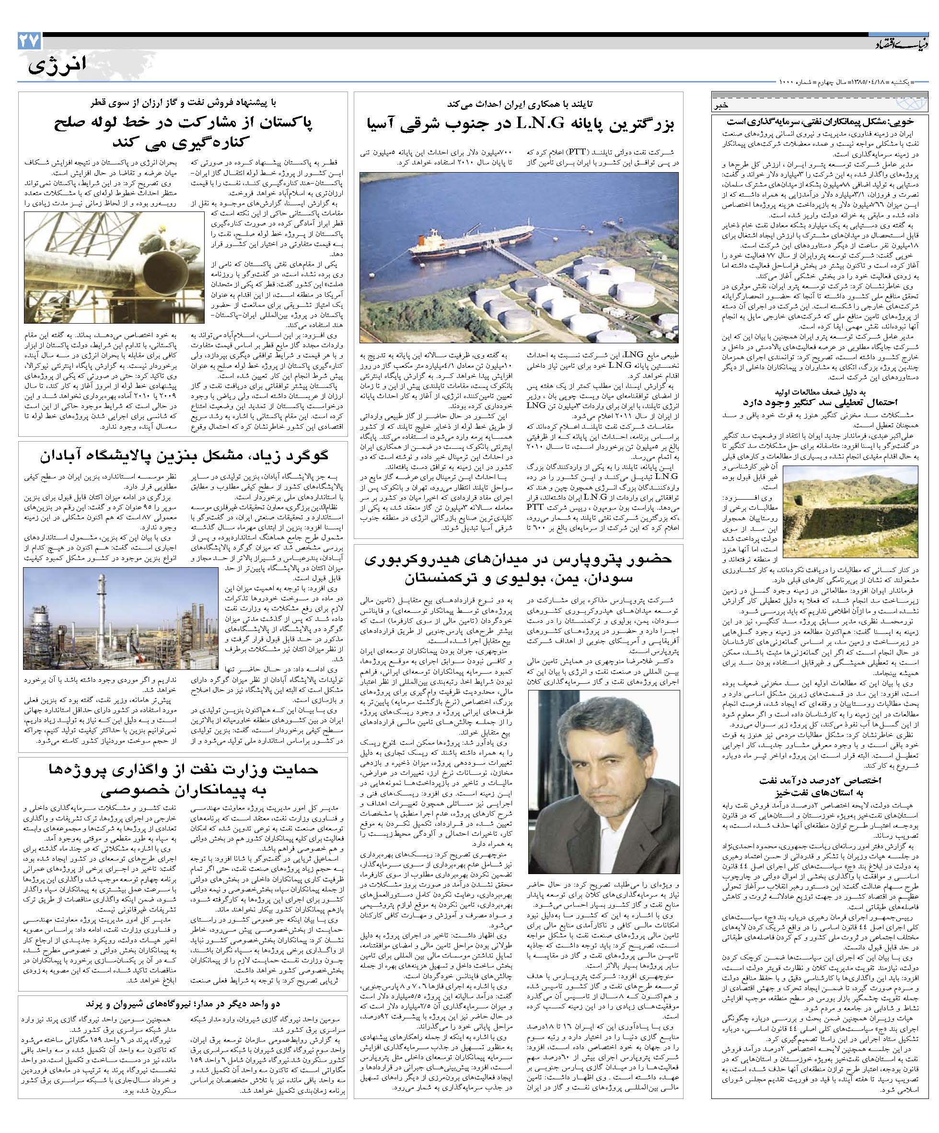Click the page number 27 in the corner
coord(27,42)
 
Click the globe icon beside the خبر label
coord(915,104)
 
